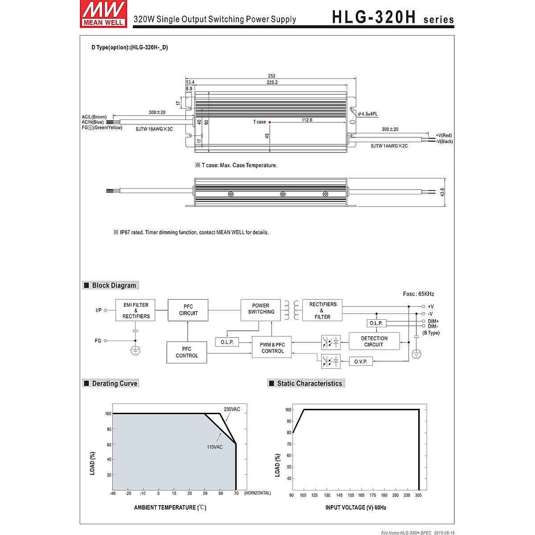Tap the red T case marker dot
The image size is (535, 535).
[x=270, y=122]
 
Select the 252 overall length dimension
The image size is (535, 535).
[x=272, y=76]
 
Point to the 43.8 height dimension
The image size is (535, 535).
[x=442, y=192]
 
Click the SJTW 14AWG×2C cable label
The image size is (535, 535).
[x=389, y=146]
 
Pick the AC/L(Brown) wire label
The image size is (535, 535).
[x=94, y=117]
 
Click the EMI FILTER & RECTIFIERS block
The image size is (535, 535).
[x=136, y=310]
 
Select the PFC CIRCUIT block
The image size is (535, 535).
[x=188, y=310]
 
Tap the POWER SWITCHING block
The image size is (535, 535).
[x=261, y=309]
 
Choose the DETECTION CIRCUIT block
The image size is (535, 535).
[x=374, y=342]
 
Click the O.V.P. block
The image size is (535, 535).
[x=360, y=362]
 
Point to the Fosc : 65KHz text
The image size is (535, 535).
[x=418, y=294]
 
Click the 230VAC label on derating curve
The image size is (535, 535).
[x=232, y=409]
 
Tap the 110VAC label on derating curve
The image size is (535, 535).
[x=214, y=447]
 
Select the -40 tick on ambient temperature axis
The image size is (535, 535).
[x=112, y=494]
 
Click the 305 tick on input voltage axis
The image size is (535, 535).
[x=419, y=495]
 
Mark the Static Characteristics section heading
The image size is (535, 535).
[x=309, y=383]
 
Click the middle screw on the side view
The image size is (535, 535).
[x=283, y=194]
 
